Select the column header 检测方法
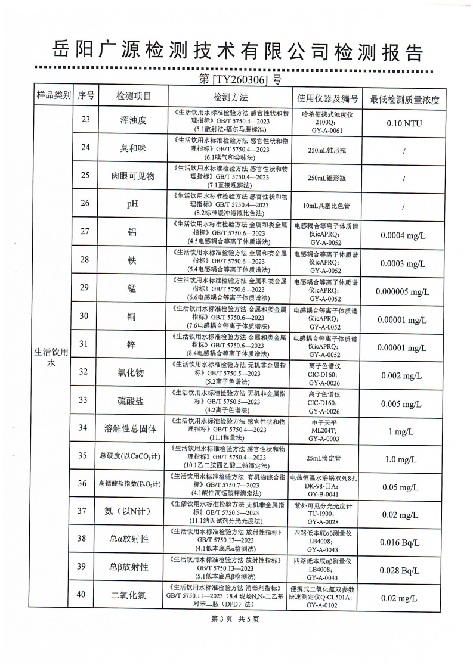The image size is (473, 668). (230, 97)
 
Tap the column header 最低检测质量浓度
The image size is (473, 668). (404, 99)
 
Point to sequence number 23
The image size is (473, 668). (85, 120)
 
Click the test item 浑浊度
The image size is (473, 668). (133, 120)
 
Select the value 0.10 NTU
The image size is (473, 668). (404, 123)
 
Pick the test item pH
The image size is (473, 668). (132, 204)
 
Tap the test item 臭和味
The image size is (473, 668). (133, 148)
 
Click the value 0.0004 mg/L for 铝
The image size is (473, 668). (403, 235)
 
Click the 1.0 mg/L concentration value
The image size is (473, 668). (403, 459)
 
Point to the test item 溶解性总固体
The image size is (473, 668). (132, 428)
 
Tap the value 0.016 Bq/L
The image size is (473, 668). (403, 542)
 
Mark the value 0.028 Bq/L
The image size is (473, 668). (403, 570)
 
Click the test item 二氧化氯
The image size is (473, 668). (132, 595)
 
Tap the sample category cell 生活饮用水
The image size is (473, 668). (52, 358)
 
